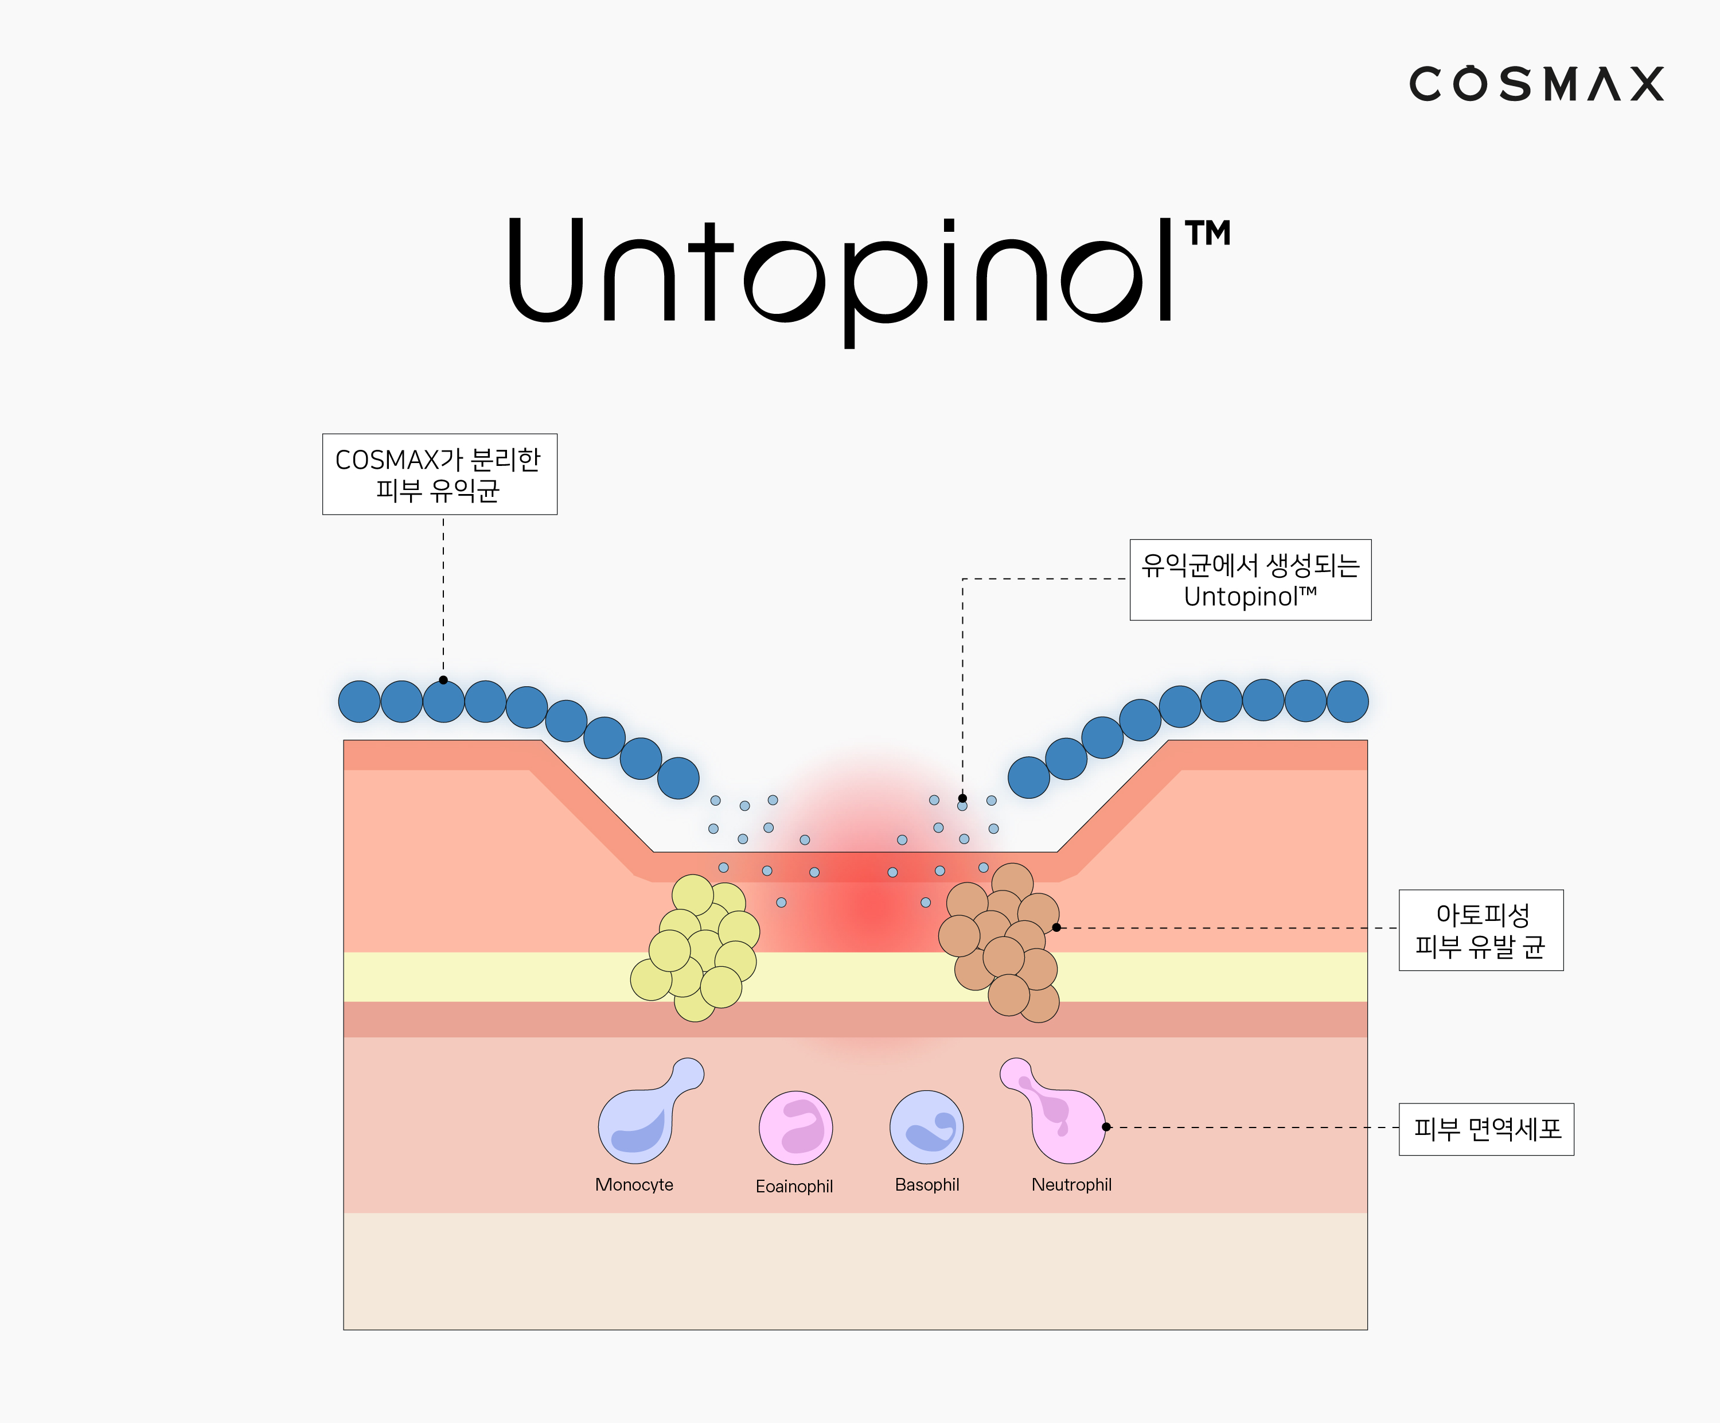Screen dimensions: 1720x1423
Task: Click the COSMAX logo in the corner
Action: [x=1536, y=84]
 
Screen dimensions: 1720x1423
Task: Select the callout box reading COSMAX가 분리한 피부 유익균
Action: [x=440, y=475]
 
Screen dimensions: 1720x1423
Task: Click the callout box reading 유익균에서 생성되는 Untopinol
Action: [x=1251, y=580]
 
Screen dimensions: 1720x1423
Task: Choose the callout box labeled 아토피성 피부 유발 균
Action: [x=1481, y=930]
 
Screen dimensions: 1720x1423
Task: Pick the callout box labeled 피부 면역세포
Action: [x=1487, y=1129]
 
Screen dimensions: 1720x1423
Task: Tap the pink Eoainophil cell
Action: [x=795, y=1127]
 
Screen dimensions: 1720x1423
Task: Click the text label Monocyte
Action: [x=634, y=1185]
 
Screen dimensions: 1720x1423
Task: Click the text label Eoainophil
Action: [x=794, y=1186]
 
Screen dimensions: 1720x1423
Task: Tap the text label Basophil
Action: [x=927, y=1185]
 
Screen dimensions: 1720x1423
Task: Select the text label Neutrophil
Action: [x=1071, y=1185]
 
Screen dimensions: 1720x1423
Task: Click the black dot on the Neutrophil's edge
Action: [x=1106, y=1127]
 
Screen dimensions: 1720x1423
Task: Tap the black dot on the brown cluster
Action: [x=1056, y=927]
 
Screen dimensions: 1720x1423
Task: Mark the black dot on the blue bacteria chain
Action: [x=443, y=680]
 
